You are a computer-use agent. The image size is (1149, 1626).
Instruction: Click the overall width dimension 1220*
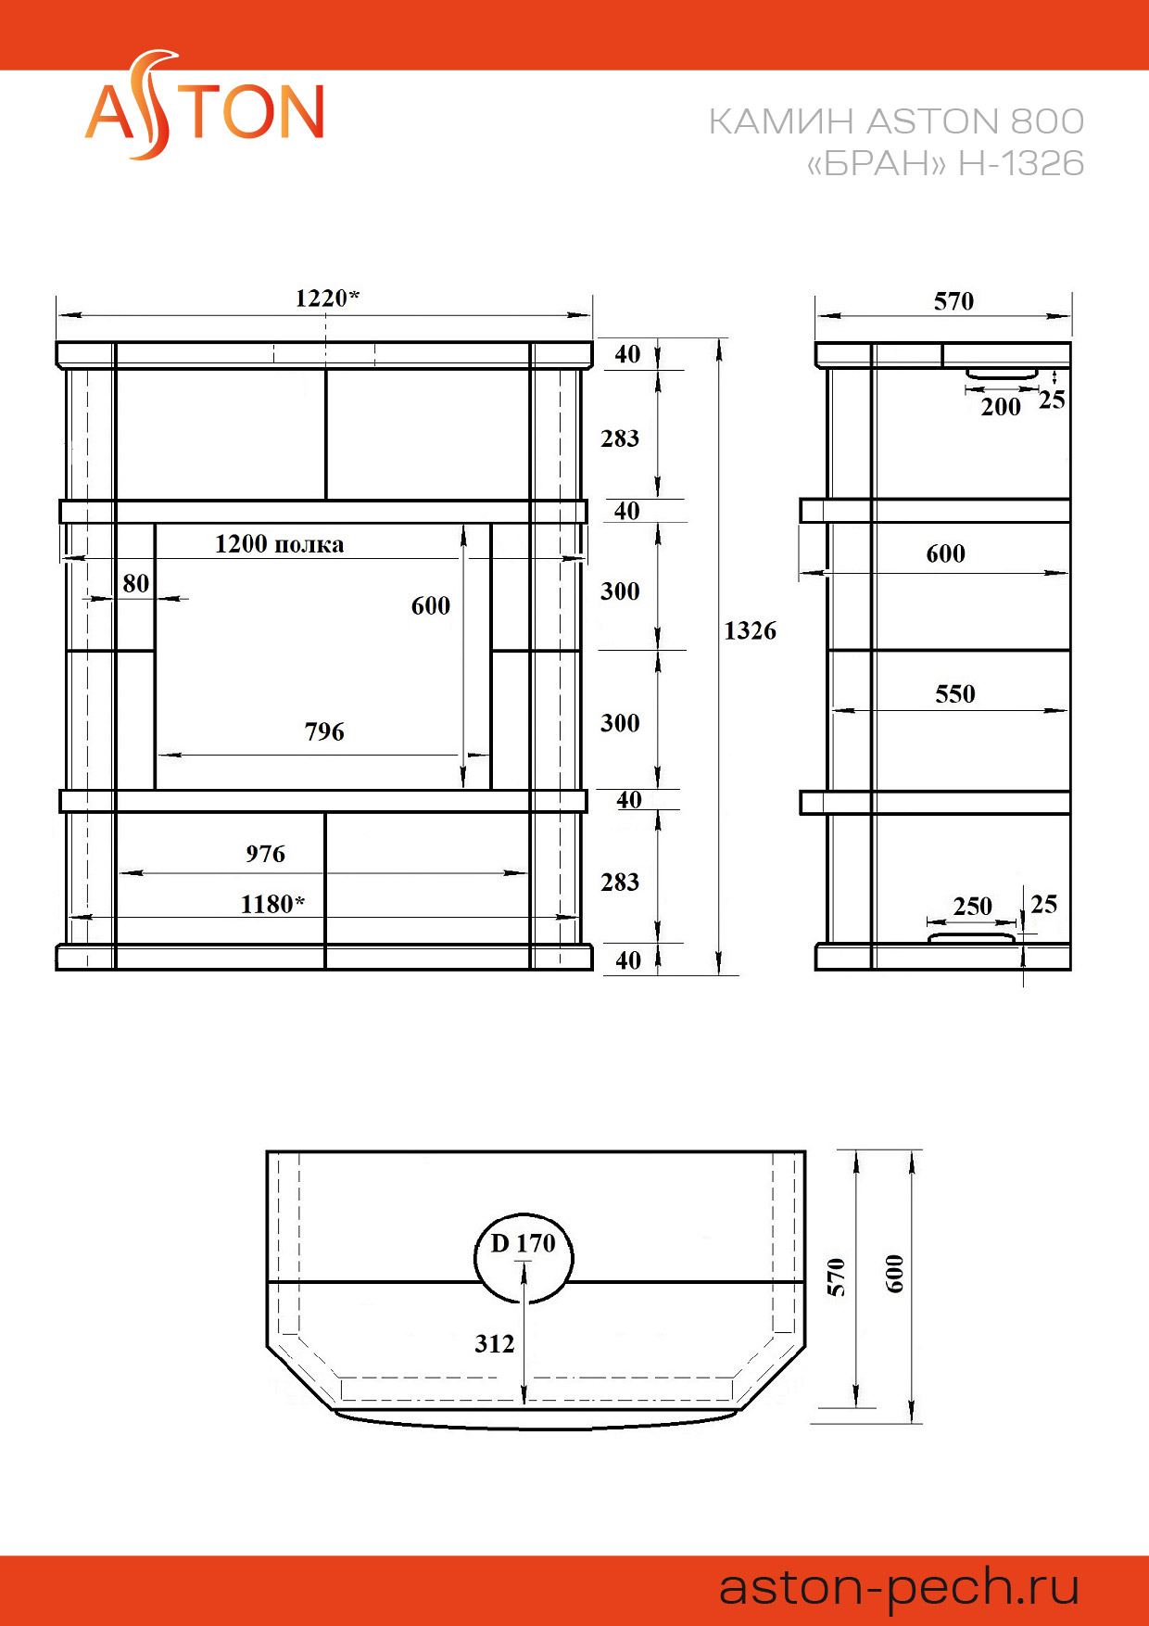click(x=327, y=298)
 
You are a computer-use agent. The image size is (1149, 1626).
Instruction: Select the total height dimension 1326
click(x=751, y=630)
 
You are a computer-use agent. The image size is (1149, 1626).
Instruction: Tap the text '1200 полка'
click(x=279, y=543)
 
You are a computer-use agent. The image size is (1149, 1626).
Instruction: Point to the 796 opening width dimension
click(x=324, y=731)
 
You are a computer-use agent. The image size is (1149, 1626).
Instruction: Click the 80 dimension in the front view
click(x=136, y=583)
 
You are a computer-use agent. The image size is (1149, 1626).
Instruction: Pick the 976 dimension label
click(x=266, y=853)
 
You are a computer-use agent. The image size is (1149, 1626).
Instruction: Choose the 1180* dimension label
click(x=272, y=904)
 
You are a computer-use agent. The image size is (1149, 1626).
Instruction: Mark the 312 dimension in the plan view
click(x=495, y=1343)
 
